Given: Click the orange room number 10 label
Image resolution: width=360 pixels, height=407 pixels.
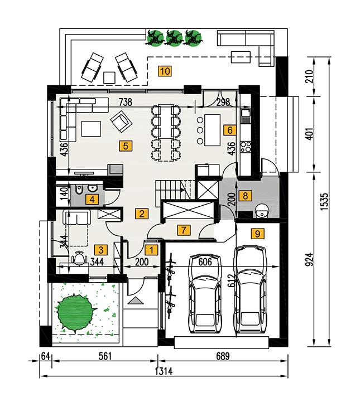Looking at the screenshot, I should click(164, 70).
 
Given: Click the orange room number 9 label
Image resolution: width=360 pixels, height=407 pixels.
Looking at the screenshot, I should click(257, 234).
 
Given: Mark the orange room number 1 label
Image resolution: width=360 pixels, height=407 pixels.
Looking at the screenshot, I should click(150, 249).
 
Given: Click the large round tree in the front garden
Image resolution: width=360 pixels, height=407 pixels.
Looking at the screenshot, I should click(74, 312).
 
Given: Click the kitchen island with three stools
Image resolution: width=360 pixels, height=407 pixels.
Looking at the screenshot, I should click(214, 128).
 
